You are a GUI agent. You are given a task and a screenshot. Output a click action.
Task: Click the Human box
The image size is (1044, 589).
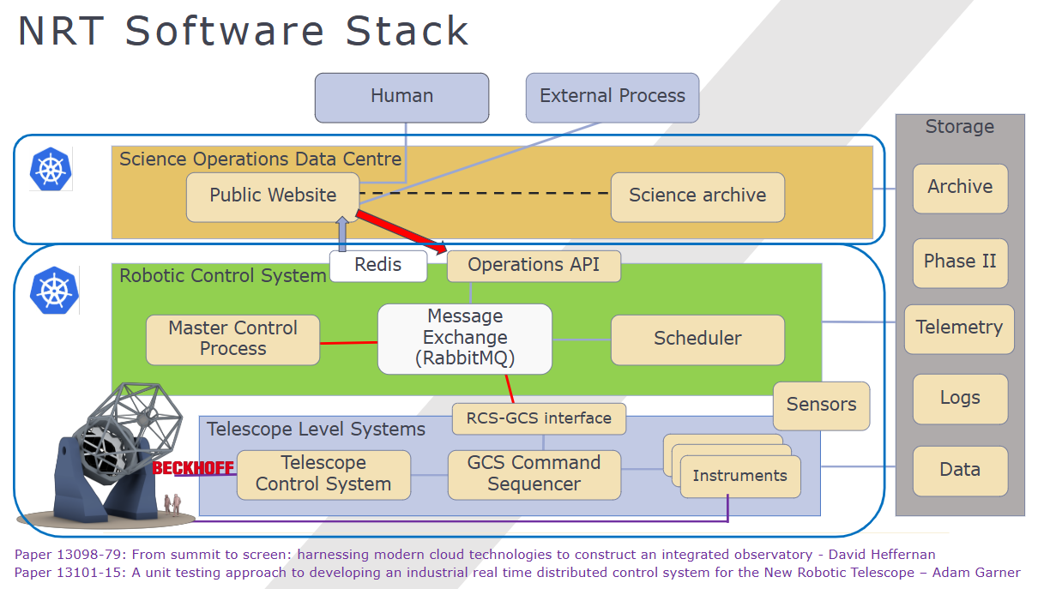click(401, 97)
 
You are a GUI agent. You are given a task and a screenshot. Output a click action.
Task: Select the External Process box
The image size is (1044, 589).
click(612, 96)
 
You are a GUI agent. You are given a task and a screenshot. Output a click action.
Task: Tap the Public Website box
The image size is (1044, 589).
click(273, 196)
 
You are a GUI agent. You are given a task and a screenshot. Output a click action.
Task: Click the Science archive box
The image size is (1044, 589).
click(697, 196)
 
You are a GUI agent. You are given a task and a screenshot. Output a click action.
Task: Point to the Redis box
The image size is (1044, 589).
click(378, 266)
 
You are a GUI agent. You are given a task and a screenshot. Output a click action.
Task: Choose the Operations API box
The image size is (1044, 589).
click(534, 266)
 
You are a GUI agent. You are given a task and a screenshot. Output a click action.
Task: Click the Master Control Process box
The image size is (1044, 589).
click(232, 339)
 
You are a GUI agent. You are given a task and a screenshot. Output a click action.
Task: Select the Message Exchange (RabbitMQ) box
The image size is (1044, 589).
click(465, 339)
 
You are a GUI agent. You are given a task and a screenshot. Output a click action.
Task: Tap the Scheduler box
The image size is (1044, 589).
click(697, 339)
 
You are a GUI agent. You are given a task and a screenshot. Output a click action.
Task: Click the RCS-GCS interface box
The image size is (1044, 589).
click(539, 418)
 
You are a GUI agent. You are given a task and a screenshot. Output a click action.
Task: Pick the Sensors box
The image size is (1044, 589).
click(821, 405)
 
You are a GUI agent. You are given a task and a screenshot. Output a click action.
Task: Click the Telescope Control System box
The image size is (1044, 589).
click(323, 473)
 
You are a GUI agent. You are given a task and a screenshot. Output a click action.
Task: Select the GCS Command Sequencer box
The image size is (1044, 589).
click(534, 473)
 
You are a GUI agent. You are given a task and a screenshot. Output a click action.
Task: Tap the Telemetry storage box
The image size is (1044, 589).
click(959, 328)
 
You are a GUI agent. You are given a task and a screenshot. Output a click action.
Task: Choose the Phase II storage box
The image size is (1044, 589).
click(959, 262)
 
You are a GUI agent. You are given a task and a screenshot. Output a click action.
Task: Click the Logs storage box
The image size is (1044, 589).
click(959, 399)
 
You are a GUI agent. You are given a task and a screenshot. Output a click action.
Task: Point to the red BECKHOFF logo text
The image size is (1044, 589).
click(193, 468)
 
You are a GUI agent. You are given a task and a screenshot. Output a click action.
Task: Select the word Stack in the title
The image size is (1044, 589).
click(407, 32)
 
